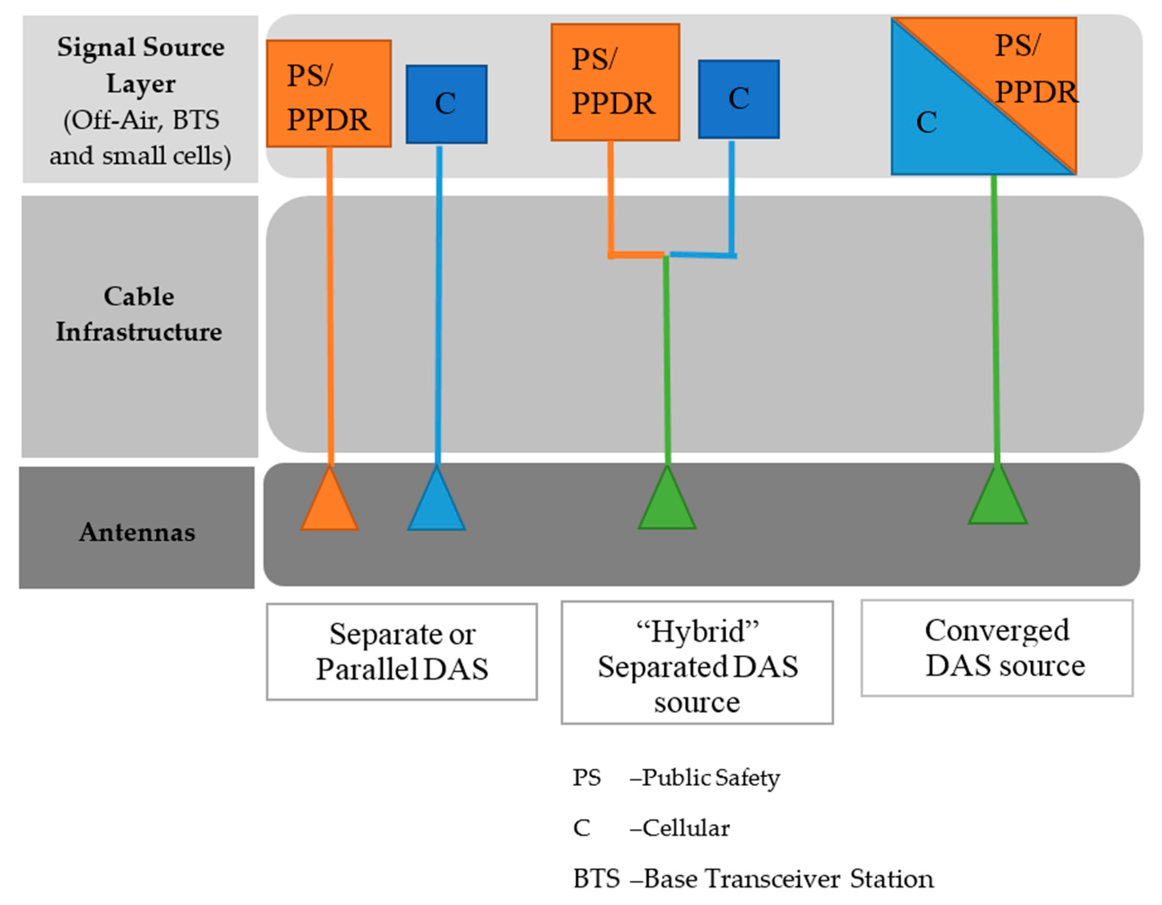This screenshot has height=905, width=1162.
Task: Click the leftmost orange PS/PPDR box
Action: [x=329, y=94]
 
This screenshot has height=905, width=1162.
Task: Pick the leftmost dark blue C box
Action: [x=447, y=104]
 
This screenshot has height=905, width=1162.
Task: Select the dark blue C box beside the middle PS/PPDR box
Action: [x=739, y=99]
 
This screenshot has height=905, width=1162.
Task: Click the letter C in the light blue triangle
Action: [x=926, y=122]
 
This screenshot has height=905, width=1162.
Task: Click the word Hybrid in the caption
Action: [x=698, y=632]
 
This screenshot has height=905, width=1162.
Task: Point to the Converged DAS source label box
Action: [x=997, y=648]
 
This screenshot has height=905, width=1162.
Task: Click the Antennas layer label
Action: [x=137, y=532]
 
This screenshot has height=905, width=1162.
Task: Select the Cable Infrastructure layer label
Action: [x=139, y=314]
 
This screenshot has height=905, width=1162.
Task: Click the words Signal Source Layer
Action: [x=141, y=65]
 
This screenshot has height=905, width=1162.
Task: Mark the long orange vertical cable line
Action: [x=330, y=307]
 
